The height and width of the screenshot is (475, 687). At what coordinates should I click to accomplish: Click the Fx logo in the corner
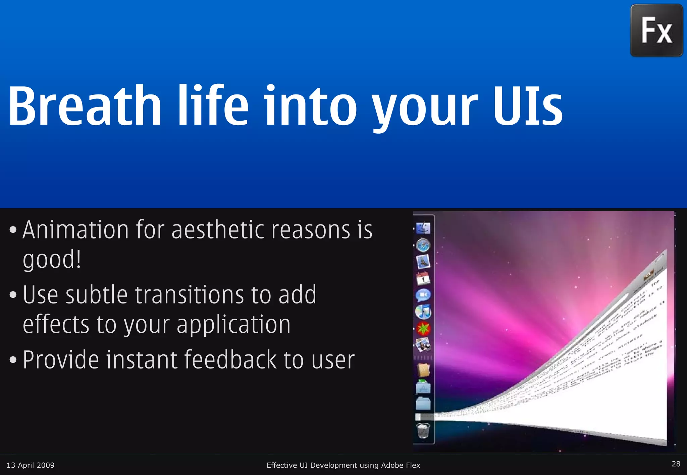[656, 30]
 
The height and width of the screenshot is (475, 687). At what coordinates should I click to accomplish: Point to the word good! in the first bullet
[52, 260]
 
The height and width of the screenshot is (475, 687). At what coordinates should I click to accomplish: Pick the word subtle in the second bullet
[97, 295]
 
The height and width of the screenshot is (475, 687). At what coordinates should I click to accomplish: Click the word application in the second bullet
[233, 325]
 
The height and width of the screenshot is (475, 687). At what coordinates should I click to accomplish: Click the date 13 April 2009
[31, 465]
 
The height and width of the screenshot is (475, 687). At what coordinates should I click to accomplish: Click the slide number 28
[676, 464]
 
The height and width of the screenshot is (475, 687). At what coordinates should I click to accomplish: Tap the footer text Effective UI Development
[343, 465]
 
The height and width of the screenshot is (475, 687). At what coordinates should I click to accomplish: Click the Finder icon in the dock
[423, 228]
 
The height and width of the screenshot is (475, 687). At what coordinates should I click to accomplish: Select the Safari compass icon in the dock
[423, 245]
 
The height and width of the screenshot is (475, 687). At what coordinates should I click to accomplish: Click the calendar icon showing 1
[423, 278]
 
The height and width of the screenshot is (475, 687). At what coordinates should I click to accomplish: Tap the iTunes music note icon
[423, 312]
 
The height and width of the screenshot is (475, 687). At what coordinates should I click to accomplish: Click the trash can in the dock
[423, 430]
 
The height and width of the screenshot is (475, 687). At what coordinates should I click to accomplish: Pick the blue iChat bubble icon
[423, 295]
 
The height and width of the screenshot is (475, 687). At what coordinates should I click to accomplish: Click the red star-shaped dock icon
[423, 329]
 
